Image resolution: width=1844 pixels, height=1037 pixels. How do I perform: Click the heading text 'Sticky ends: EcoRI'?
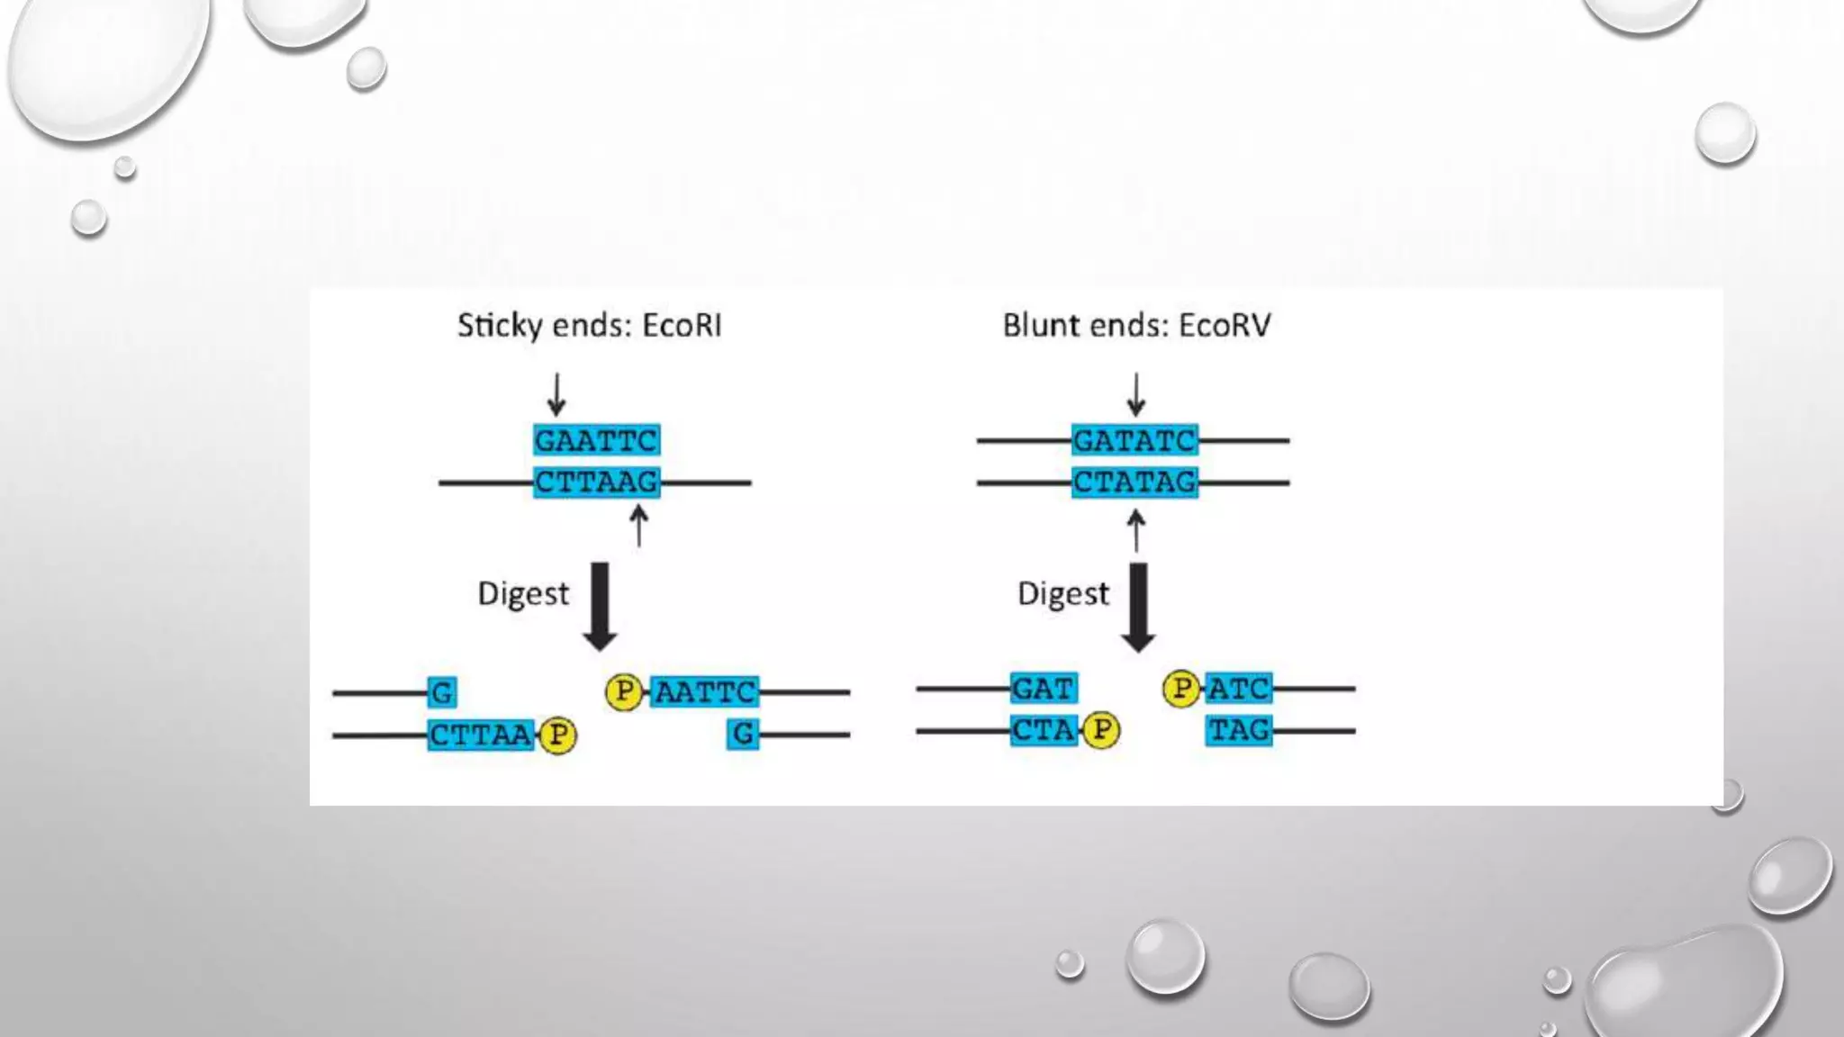pos(590,326)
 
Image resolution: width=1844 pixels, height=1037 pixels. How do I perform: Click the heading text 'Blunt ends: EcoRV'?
pos(1136,326)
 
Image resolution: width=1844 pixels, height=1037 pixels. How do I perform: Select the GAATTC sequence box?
pos(596,441)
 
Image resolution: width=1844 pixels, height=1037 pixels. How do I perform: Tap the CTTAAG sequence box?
pos(596,482)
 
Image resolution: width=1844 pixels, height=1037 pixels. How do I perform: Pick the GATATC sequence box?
pos(1134,441)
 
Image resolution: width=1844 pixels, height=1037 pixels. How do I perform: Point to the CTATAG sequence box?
pos(1134,482)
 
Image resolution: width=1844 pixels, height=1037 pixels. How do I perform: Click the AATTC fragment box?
pos(705,692)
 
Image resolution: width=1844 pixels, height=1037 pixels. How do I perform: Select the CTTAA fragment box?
pos(481,735)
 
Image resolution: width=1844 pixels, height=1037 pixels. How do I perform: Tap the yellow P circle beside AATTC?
pos(624,691)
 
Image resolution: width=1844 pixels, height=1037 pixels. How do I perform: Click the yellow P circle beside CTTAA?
pos(558,735)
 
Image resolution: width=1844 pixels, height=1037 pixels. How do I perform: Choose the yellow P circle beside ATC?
pos(1181,689)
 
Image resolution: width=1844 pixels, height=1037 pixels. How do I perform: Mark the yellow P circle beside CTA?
pos(1101,730)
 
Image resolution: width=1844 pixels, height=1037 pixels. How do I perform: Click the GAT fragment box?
pos(1044,689)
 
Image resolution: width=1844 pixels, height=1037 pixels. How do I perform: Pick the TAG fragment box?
pos(1239,730)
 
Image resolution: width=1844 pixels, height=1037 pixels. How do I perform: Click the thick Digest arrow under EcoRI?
pos(600,606)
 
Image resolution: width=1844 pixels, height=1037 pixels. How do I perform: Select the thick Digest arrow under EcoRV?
pos(1138,606)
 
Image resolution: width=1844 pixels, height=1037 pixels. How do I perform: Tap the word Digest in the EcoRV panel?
pos(1062,594)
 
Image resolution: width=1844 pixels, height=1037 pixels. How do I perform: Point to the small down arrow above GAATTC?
pos(556,394)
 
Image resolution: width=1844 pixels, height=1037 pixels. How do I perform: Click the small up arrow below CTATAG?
pos(1136,529)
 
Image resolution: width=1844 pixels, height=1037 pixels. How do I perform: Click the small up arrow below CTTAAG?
pos(638,526)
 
